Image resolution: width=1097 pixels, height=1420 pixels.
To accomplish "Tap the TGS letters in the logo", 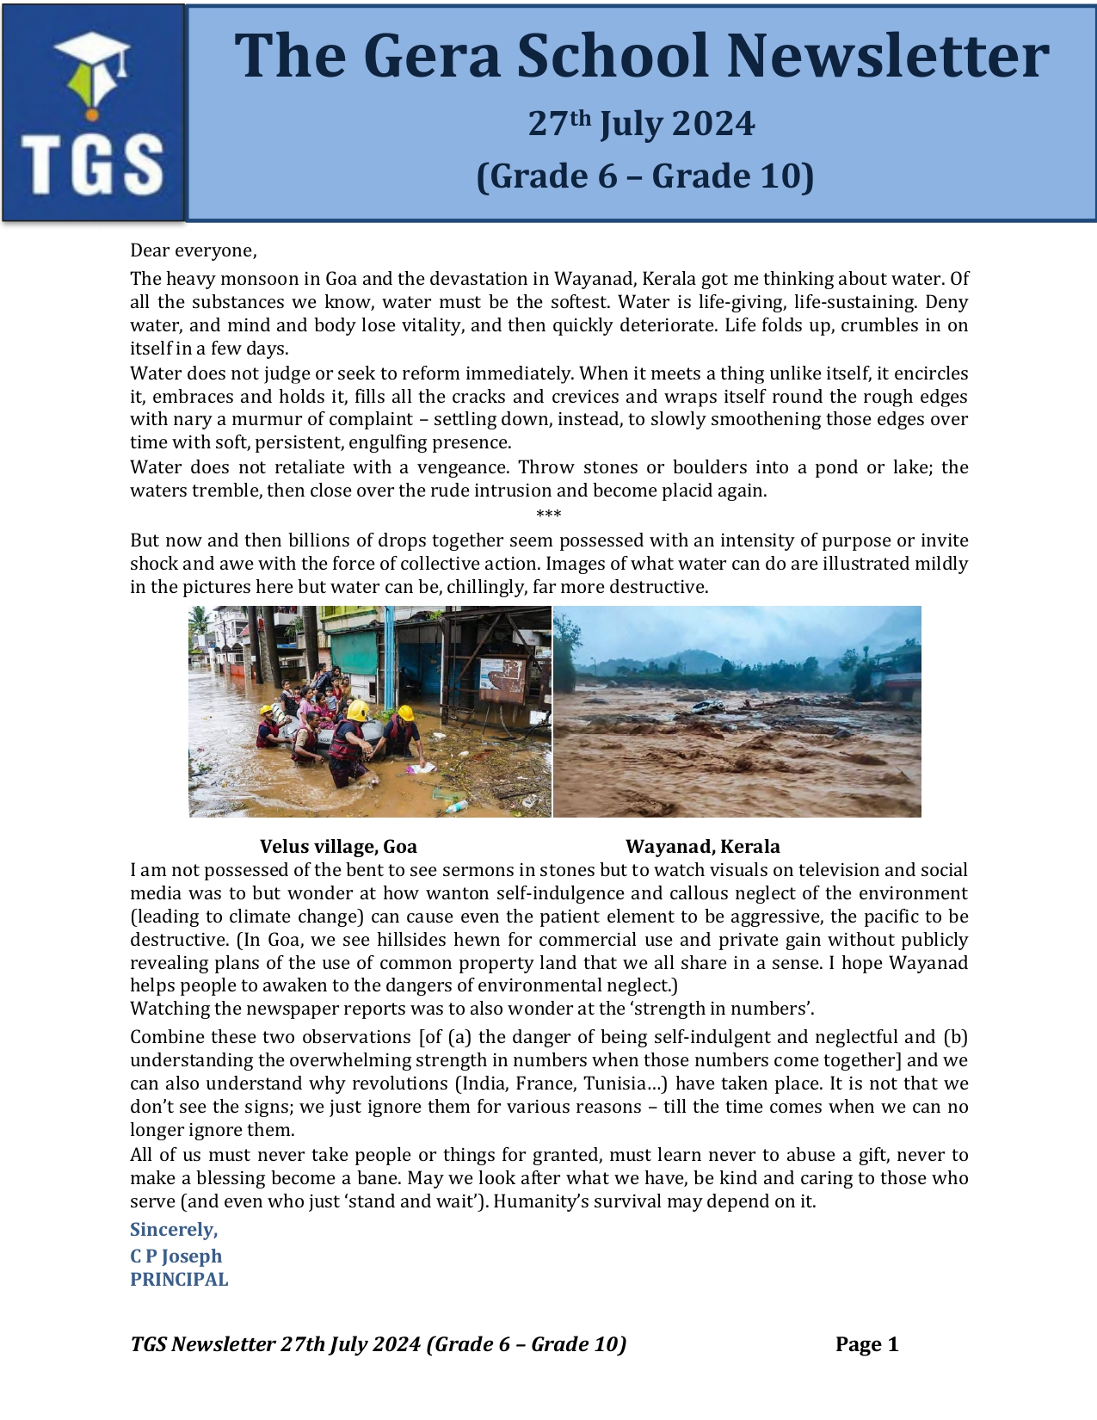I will (x=93, y=164).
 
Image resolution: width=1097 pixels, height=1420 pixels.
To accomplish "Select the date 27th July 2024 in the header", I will (x=641, y=124).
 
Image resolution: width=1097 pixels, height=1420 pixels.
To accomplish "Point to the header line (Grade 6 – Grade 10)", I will (x=644, y=176).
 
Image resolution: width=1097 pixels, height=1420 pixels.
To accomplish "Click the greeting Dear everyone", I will (x=194, y=250).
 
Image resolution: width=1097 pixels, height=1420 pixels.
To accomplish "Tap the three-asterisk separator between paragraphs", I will (x=548, y=515).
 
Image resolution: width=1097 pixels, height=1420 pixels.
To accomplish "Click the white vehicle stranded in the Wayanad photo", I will (x=707, y=707).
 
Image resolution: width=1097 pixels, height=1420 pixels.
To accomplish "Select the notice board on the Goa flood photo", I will (x=502, y=677).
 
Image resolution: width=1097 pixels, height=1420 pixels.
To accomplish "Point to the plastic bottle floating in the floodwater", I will (x=455, y=806).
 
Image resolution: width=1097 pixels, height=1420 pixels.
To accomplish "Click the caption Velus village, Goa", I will (x=338, y=846).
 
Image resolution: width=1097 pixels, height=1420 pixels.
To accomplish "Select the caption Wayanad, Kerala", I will (x=702, y=846).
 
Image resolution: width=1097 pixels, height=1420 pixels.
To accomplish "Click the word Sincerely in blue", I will (x=174, y=1229).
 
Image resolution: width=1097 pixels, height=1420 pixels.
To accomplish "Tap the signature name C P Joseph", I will (x=176, y=1256).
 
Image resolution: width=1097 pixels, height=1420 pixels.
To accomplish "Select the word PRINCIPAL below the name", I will (x=179, y=1279).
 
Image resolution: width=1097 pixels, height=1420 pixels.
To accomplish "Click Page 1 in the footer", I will (x=866, y=1344).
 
